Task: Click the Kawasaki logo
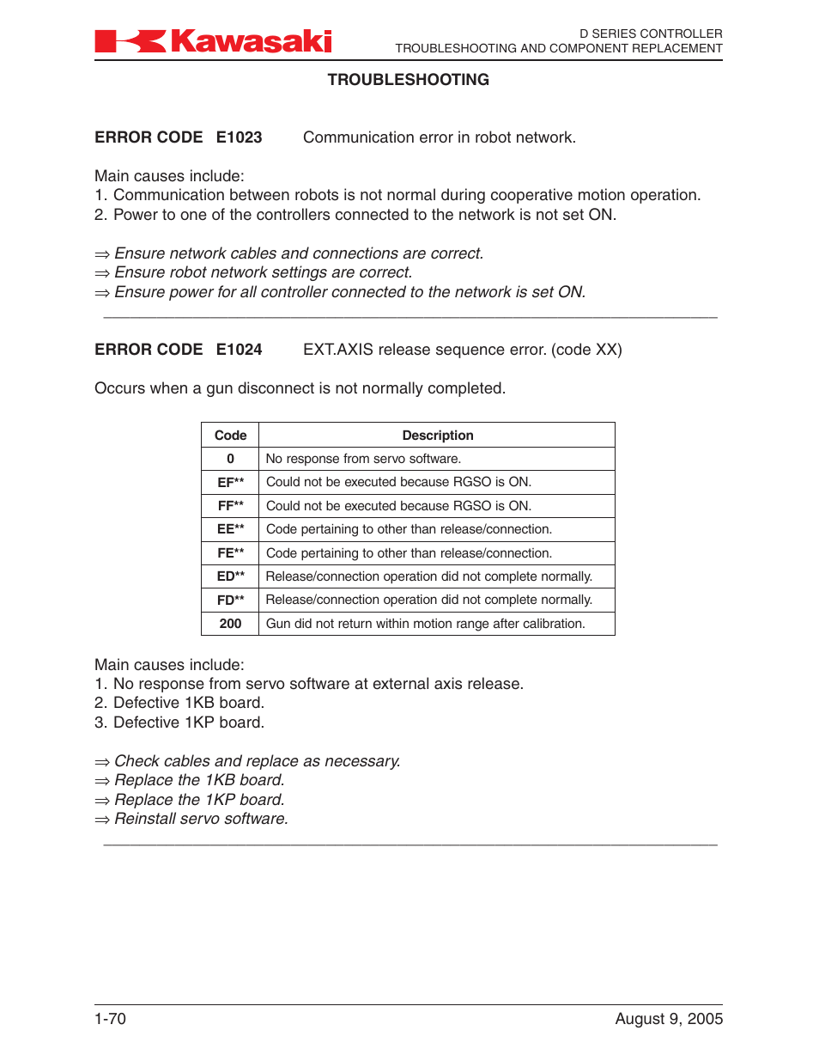click(x=213, y=41)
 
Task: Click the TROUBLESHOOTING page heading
click(x=408, y=80)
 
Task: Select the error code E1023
click(x=239, y=137)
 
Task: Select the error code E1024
click(x=239, y=350)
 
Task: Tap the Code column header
click(x=230, y=436)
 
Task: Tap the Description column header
click(x=437, y=436)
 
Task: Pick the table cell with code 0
click(x=230, y=459)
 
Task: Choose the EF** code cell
click(x=230, y=483)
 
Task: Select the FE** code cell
click(x=230, y=553)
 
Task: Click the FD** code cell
click(x=230, y=601)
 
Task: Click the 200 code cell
click(x=230, y=624)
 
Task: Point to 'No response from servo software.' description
click(x=363, y=459)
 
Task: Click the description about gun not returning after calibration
click(x=425, y=624)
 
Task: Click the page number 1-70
click(x=110, y=1019)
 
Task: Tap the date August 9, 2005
click(x=669, y=1019)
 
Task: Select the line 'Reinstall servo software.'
click(x=201, y=819)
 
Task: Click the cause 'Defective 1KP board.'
click(x=188, y=723)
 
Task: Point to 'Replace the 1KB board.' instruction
click(x=199, y=780)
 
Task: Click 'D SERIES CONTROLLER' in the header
click(x=651, y=34)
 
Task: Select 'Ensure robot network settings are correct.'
click(x=263, y=272)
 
